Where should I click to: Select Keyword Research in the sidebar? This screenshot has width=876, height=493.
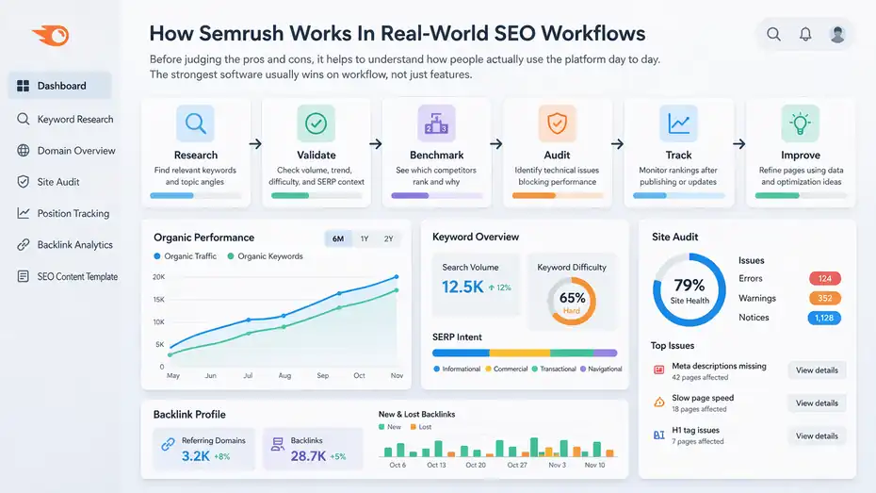point(74,120)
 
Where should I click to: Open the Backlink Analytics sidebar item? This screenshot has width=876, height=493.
point(74,245)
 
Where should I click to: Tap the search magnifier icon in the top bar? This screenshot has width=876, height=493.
point(773,35)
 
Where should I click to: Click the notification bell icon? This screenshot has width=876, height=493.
point(805,35)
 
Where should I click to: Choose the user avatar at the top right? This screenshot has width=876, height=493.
point(836,35)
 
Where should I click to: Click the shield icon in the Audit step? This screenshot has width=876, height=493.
point(557,123)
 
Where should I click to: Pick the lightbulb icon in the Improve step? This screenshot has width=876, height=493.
point(800,123)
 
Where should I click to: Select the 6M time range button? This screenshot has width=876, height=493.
point(338,238)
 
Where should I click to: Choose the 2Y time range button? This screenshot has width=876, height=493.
point(388,238)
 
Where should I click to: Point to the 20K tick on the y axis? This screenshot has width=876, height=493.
point(158,277)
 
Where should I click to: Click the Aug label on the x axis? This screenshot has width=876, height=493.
point(284,375)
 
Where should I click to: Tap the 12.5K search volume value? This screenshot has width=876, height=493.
point(462,287)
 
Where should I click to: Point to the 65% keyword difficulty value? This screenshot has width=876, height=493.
point(572,298)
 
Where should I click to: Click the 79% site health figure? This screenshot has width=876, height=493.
point(689,286)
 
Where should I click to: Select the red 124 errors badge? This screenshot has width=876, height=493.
point(824,279)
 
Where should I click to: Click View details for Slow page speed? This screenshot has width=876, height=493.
point(816,403)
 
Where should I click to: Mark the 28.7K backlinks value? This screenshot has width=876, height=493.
point(308,455)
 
